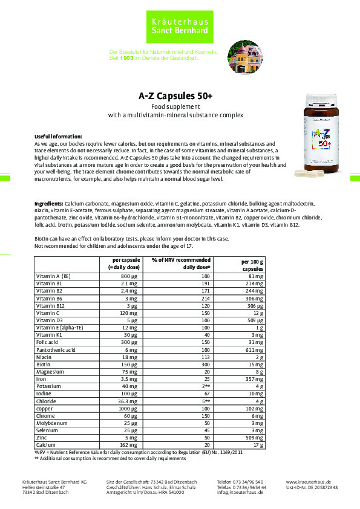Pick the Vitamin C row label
[x=48, y=313]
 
